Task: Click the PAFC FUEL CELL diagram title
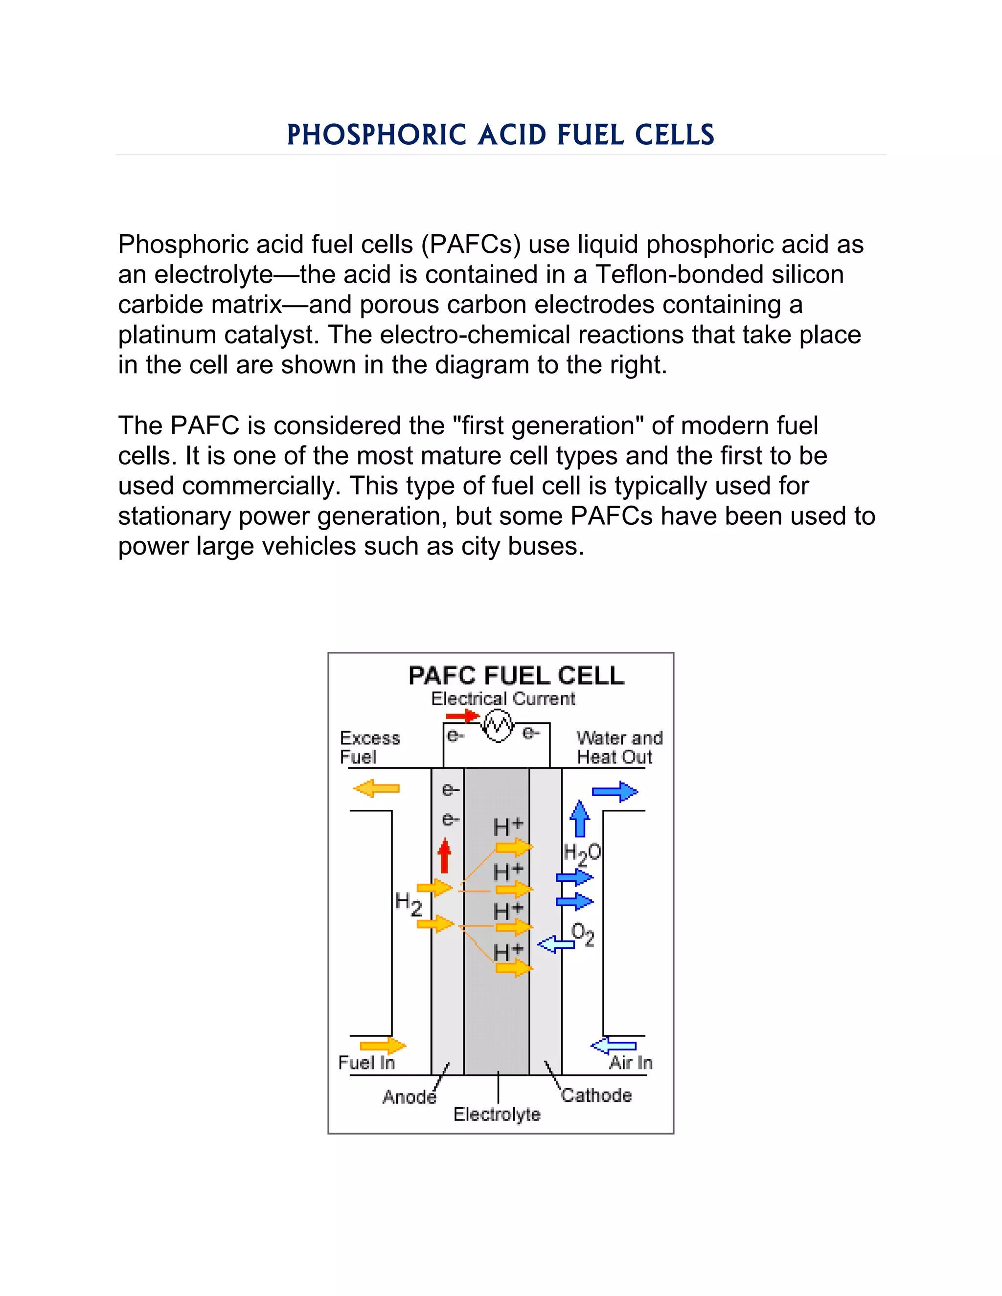[516, 675]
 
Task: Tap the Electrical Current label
[503, 699]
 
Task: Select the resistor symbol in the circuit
[498, 725]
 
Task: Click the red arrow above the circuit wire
[462, 715]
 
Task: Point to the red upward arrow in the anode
[444, 856]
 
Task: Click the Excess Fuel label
[369, 747]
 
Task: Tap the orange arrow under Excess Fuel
[376, 789]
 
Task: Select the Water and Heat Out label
[618, 747]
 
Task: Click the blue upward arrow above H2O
[579, 819]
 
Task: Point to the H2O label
[581, 854]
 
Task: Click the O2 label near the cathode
[582, 934]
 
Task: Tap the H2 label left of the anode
[409, 903]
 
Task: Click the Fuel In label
[366, 1062]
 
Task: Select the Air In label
[630, 1062]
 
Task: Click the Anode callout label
[409, 1096]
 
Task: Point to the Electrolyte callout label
[497, 1115]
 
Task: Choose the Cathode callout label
[596, 1095]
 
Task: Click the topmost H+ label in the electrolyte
[508, 826]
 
